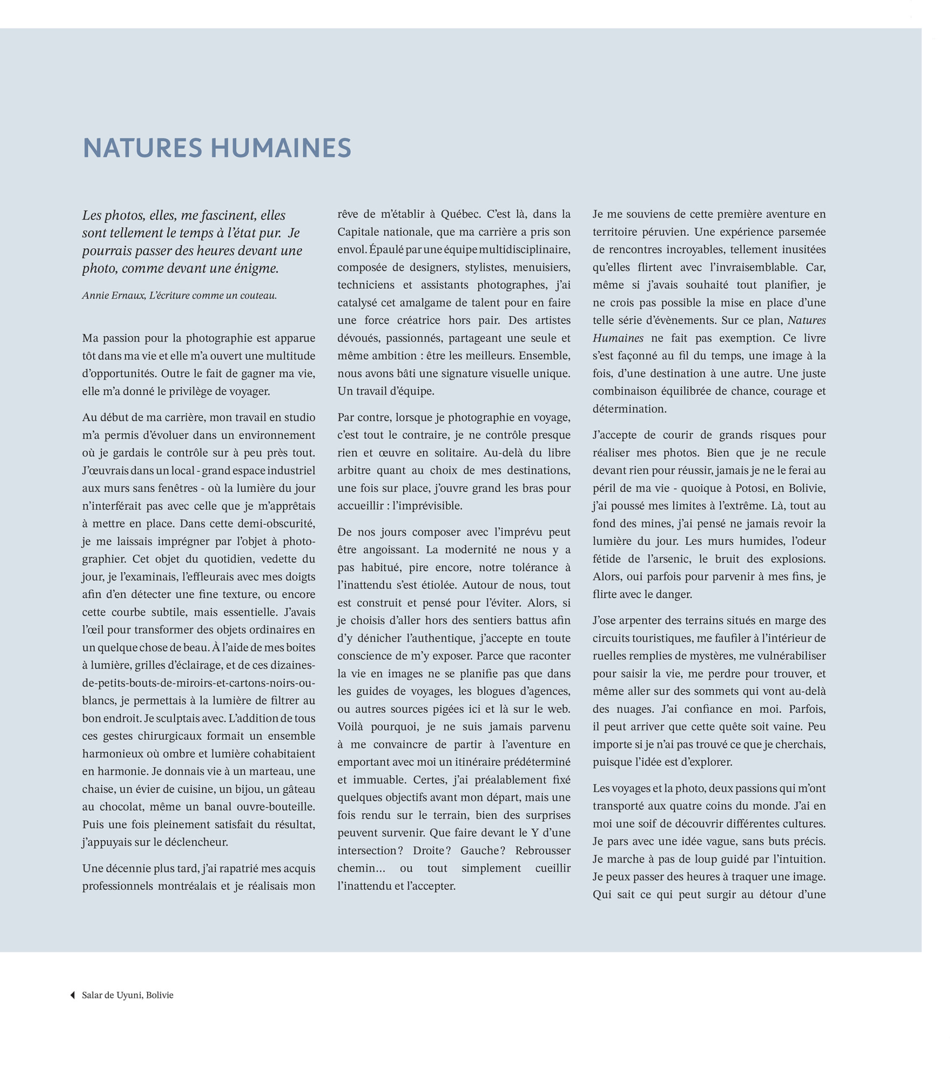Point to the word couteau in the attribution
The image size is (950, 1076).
coord(257,295)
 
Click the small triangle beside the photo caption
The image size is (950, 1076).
coord(73,995)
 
